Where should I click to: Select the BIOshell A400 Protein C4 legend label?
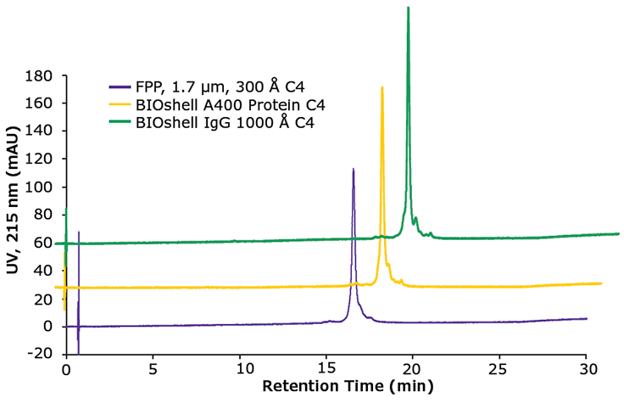(229, 105)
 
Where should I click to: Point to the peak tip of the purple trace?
(354, 169)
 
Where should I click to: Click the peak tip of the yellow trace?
(382, 87)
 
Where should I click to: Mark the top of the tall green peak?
(409, 8)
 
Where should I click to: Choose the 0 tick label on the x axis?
(65, 370)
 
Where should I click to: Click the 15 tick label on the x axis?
(326, 370)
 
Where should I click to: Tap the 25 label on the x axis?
(499, 370)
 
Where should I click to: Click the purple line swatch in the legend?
(120, 87)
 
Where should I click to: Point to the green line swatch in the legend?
(120, 124)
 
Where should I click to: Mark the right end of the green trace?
(620, 233)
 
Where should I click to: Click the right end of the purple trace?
(586, 318)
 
